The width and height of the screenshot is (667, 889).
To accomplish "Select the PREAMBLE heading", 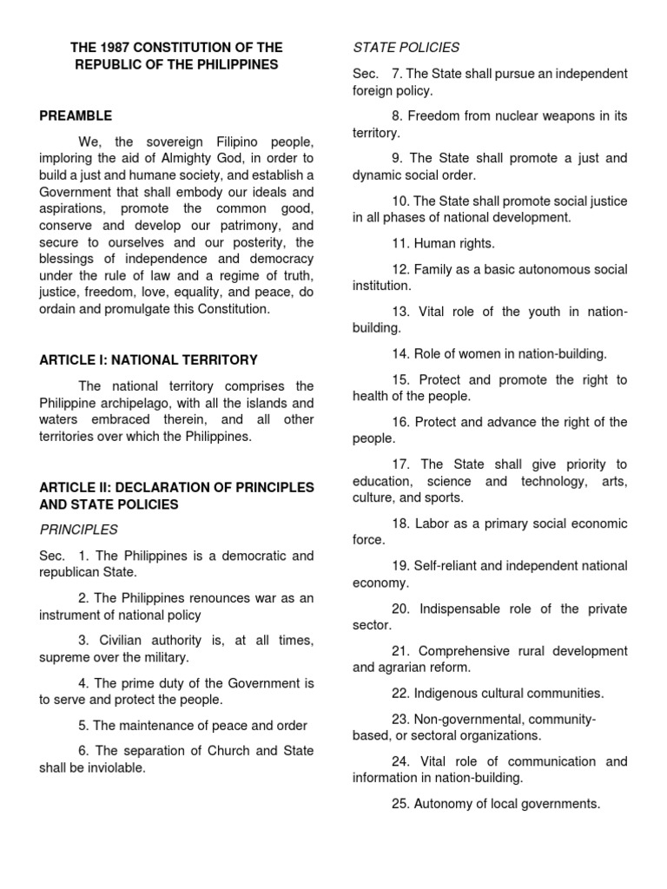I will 76,115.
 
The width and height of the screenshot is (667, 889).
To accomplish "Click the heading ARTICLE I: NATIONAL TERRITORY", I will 148,359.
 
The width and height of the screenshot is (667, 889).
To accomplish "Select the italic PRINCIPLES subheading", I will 78,530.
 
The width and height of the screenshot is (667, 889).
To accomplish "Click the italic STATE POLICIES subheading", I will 406,48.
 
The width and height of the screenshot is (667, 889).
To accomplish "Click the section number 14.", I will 400,353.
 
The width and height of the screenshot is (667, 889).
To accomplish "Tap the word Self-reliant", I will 451,566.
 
